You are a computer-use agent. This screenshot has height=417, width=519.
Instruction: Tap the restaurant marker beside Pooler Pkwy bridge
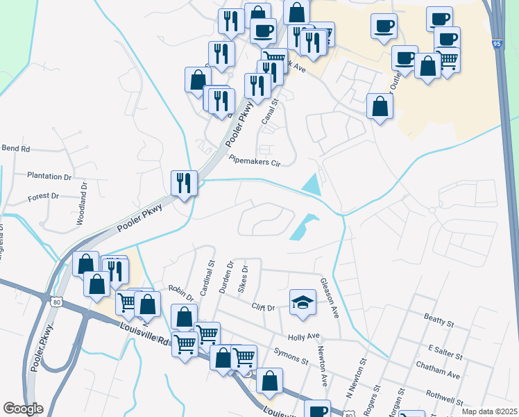pos(184,183)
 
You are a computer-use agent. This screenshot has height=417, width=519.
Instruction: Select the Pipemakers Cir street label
pos(255,161)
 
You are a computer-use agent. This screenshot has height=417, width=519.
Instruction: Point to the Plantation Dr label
pos(49,177)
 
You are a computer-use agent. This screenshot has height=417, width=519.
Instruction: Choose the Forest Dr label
pos(43,197)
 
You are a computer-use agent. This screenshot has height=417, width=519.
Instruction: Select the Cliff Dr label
pos(263,307)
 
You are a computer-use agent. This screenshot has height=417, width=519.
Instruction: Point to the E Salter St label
pos(445,352)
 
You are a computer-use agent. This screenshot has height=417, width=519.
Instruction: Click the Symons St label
pos(291,357)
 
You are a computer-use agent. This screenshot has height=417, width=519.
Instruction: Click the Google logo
pos(23,409)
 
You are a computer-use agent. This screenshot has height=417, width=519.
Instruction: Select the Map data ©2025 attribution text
pos(489,411)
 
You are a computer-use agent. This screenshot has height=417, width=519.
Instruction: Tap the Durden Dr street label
pos(226,277)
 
